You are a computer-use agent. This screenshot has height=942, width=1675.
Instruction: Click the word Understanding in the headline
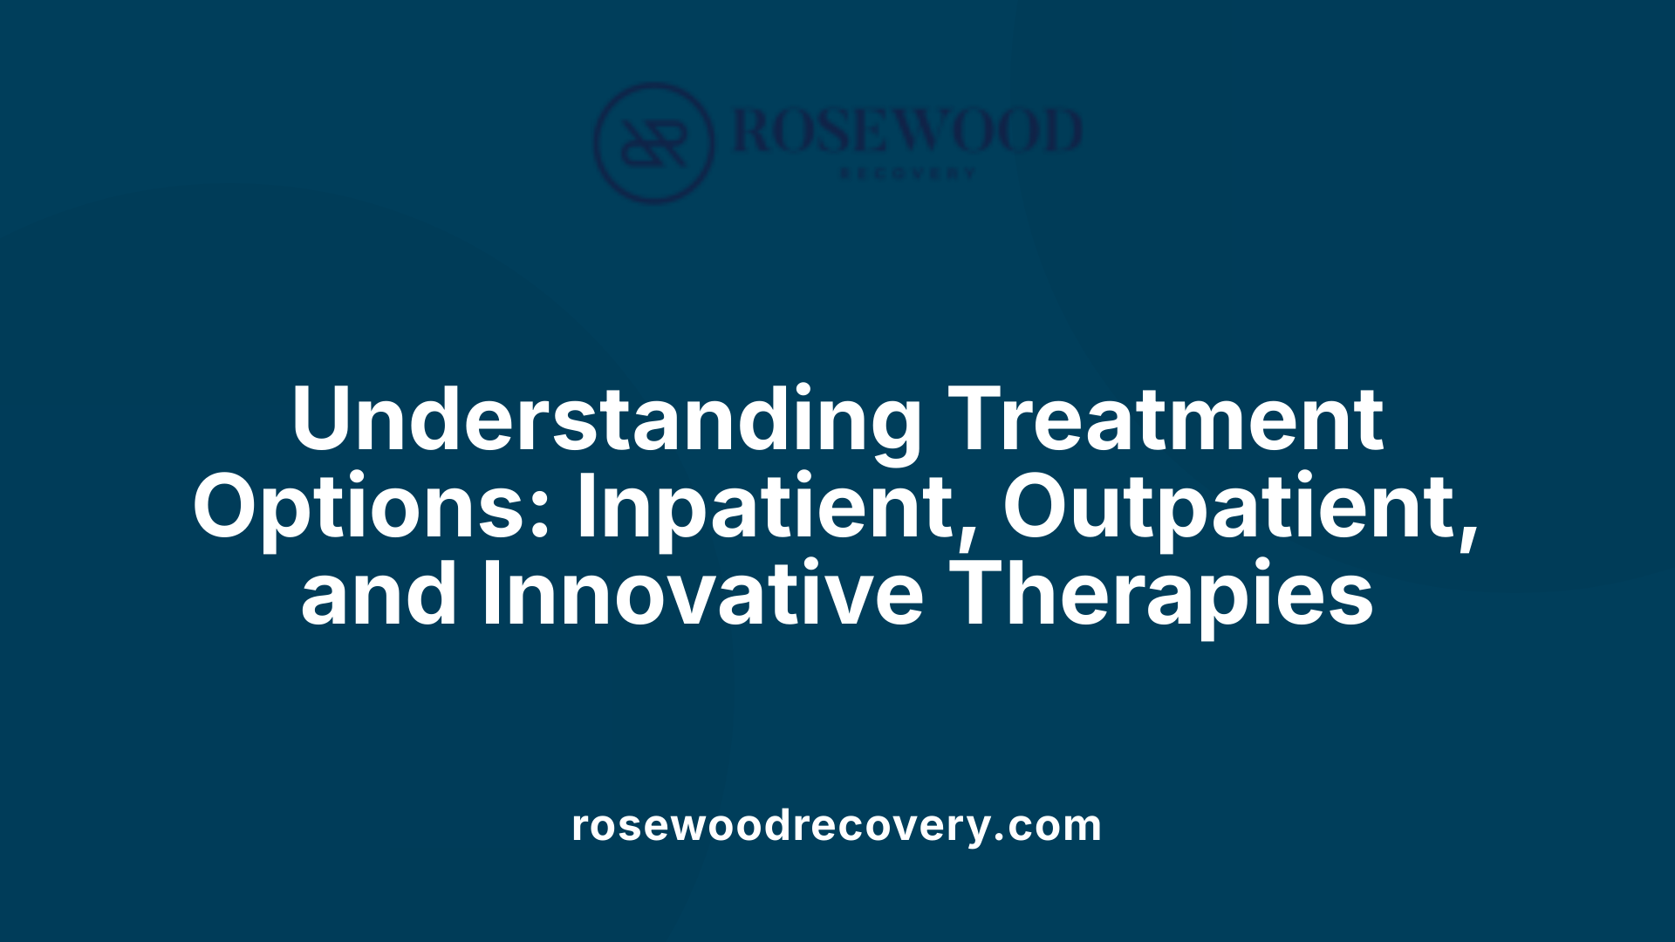605,420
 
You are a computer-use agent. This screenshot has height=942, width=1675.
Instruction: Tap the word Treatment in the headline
1166,420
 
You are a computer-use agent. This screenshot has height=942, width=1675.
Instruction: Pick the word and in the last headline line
378,595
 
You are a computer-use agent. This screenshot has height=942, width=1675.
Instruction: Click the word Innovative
702,595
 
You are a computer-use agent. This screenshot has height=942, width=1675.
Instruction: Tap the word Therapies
1166,595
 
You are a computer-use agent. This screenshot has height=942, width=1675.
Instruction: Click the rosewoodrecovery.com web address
837,825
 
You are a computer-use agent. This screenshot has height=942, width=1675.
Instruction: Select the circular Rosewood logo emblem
653,142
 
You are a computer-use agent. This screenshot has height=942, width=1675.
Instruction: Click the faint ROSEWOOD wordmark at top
907,131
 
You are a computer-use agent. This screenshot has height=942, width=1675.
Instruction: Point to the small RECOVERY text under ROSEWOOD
907,174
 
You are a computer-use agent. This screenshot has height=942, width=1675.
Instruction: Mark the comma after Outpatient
1467,534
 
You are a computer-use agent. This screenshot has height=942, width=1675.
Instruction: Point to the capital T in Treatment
979,420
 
